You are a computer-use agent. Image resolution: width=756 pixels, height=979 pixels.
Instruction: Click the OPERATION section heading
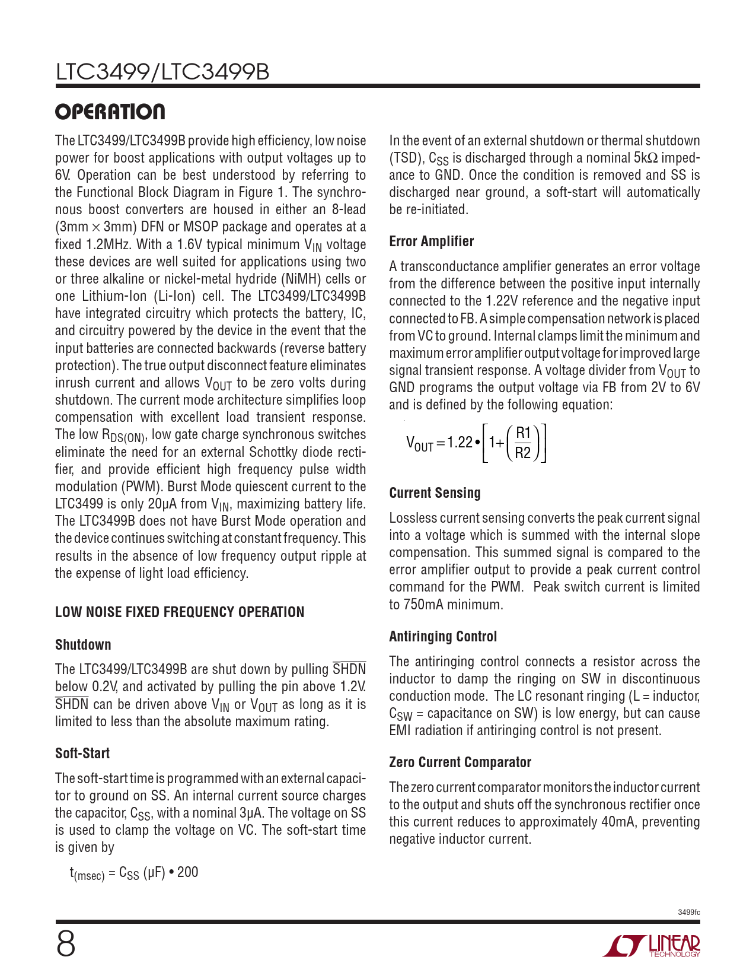(110, 112)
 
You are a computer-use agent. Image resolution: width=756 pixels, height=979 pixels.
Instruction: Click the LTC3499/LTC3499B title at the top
(162, 72)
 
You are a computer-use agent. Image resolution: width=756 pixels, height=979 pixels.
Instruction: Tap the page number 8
(66, 944)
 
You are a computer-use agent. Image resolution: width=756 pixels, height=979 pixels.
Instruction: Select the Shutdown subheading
(83, 645)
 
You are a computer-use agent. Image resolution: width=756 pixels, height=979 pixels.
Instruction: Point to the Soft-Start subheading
(82, 754)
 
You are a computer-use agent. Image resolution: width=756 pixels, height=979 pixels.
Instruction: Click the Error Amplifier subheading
(431, 241)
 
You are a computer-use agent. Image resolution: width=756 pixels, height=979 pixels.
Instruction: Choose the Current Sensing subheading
(435, 493)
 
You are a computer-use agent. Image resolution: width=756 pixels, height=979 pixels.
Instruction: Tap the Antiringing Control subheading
(443, 637)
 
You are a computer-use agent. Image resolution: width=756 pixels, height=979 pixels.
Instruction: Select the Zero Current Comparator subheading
(460, 762)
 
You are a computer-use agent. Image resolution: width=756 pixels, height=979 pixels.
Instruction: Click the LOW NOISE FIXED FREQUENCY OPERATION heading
(180, 612)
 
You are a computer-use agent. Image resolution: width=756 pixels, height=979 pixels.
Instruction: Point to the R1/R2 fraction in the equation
(523, 443)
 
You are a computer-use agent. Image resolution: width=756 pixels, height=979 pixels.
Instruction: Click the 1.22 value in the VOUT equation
(460, 443)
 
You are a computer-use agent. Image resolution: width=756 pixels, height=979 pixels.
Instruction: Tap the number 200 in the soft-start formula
(187, 872)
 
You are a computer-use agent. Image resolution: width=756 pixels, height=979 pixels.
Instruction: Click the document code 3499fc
(688, 912)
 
